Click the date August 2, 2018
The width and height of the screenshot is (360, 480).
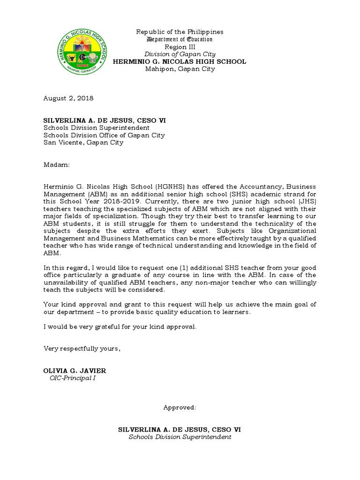pos(68,98)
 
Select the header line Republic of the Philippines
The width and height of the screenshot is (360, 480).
pos(180,32)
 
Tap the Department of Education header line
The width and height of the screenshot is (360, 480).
pos(180,39)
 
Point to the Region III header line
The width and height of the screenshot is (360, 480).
pos(180,47)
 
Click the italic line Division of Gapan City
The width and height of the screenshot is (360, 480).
pos(180,54)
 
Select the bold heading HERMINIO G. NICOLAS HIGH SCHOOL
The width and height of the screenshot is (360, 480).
pos(180,62)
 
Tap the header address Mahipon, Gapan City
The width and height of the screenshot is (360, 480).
pos(180,69)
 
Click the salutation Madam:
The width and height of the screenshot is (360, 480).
pos(56,165)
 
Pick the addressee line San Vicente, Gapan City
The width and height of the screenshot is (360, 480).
pos(83,142)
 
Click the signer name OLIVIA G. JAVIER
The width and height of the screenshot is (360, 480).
pos(75,371)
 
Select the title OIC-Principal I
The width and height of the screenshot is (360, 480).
pos(72,378)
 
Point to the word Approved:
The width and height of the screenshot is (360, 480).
pos(180,407)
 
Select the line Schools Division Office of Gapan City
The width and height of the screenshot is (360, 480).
pos(104,135)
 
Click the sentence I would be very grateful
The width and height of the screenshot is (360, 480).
pos(120,327)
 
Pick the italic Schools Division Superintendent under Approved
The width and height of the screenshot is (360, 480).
pos(180,437)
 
